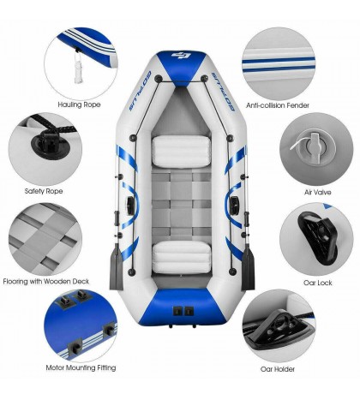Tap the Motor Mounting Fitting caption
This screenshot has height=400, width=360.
(x=82, y=367)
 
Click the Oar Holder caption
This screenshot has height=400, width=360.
(x=279, y=369)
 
